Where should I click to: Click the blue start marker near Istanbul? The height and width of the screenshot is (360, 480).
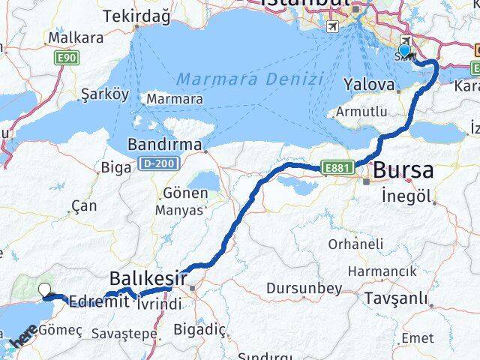[405, 51]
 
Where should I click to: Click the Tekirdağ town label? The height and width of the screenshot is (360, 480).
[133, 16]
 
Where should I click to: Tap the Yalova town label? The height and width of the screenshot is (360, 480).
[368, 85]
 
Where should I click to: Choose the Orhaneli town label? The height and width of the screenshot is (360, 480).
[355, 244]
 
